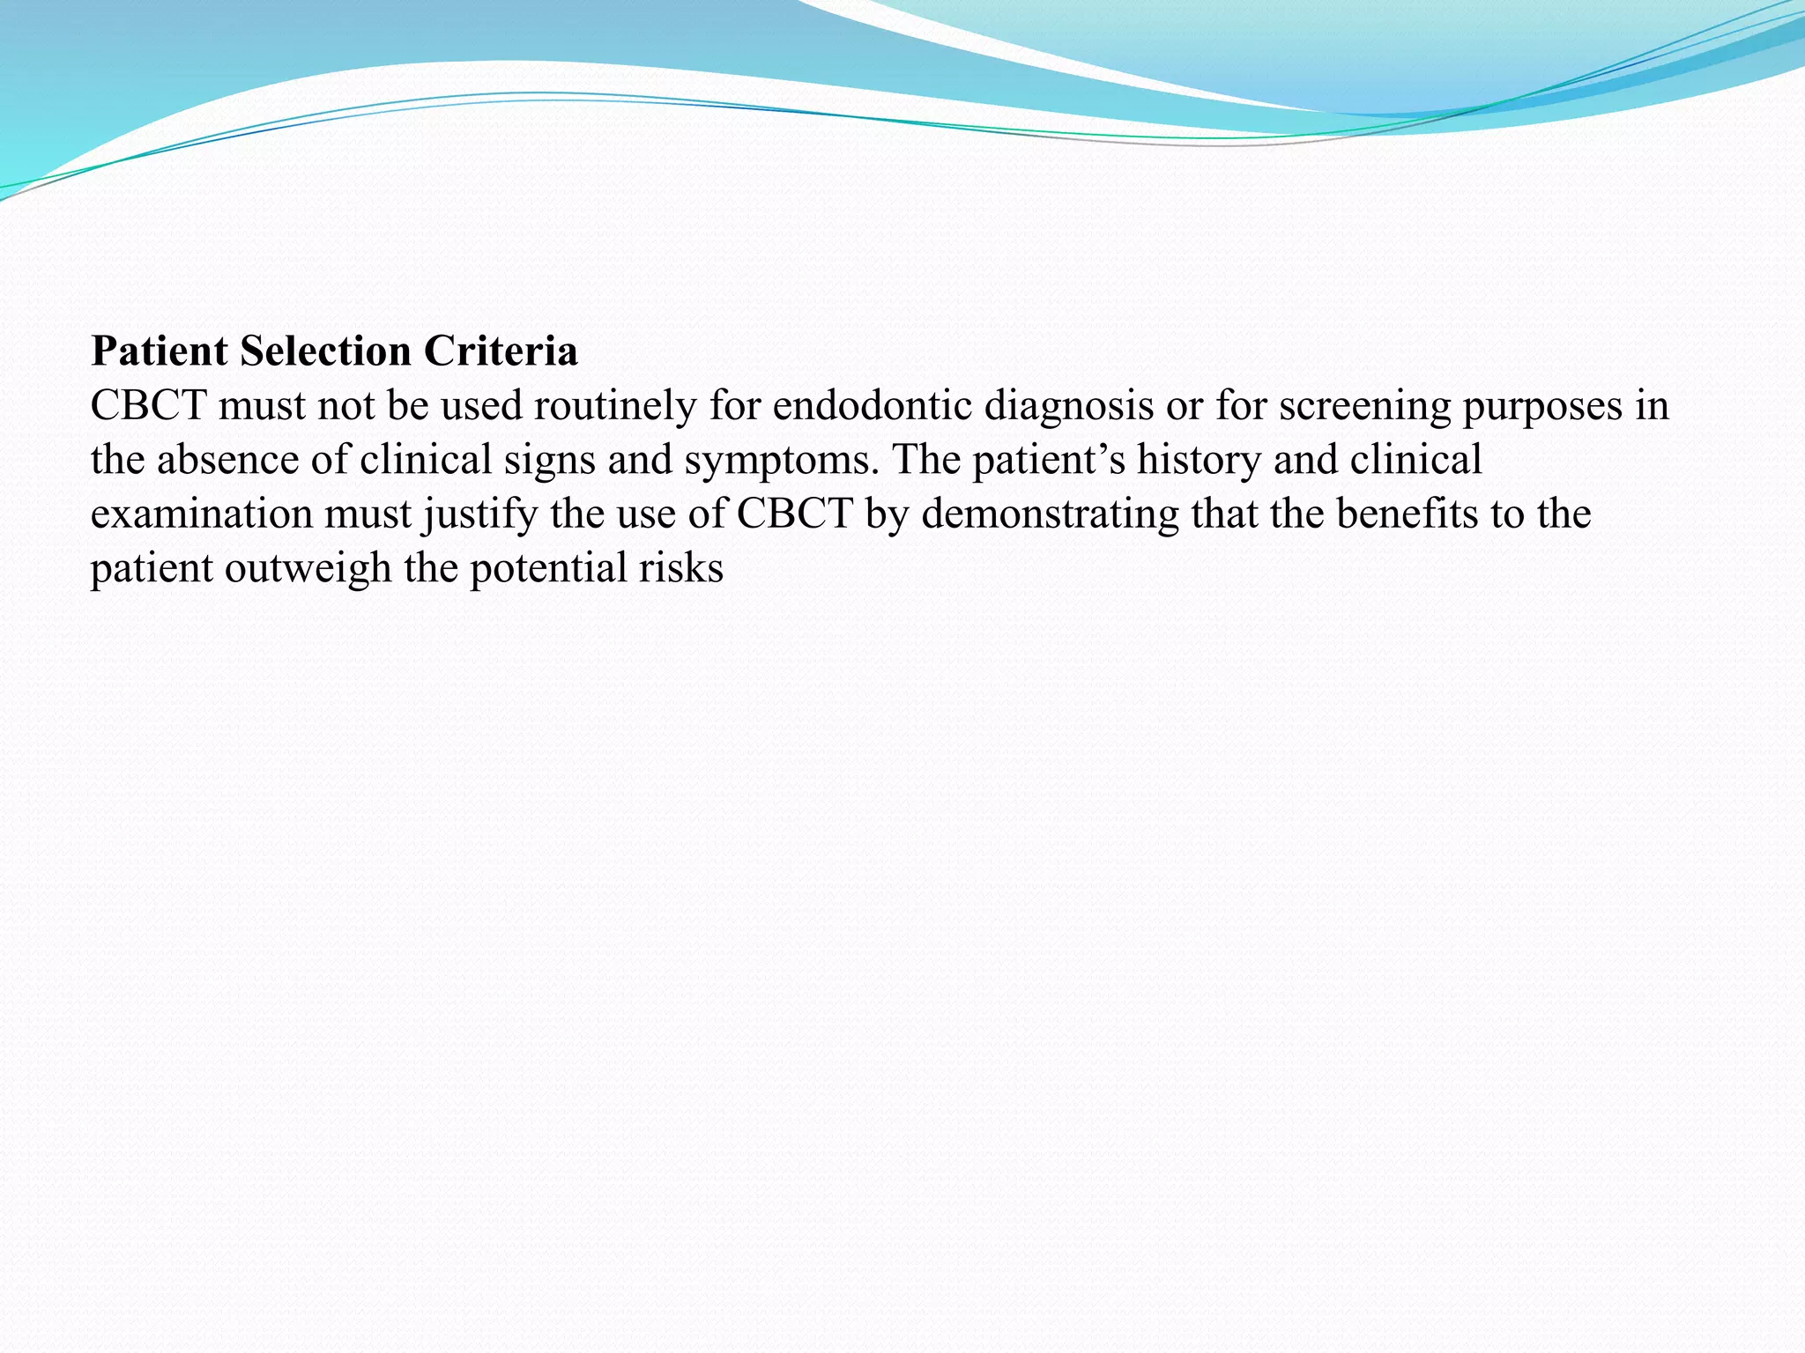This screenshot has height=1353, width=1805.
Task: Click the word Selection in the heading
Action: point(325,351)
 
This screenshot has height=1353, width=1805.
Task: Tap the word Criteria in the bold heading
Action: point(501,351)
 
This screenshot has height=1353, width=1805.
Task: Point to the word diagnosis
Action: point(1068,406)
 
